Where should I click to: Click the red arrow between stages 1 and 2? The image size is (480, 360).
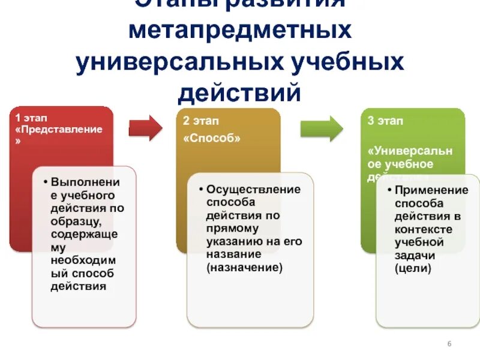145,127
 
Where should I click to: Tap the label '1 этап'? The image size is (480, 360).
31,118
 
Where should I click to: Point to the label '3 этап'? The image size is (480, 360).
385,121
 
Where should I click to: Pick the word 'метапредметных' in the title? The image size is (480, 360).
240,31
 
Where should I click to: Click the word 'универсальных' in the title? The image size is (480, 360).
180,62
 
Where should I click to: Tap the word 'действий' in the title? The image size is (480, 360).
240,93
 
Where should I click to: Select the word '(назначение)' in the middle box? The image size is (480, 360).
244,268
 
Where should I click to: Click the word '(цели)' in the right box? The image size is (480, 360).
413,268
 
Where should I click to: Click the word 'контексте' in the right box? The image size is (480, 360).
422,230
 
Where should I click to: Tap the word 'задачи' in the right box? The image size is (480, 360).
413,256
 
